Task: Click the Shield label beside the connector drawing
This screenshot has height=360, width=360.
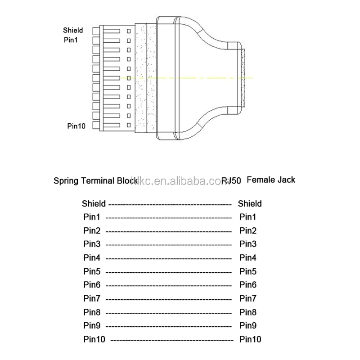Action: [x=73, y=31]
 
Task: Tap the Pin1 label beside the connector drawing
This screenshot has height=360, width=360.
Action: [x=71, y=40]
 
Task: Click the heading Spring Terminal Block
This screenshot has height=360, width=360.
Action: [x=95, y=181]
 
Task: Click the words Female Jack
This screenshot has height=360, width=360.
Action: [x=271, y=180]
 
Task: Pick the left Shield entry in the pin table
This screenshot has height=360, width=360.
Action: [x=94, y=204]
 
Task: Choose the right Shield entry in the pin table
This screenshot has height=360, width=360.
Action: [x=250, y=204]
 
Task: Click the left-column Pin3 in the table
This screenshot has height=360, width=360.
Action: [x=92, y=244]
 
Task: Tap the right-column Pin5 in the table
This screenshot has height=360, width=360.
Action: [x=248, y=271]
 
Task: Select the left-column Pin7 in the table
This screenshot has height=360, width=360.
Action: [x=92, y=298]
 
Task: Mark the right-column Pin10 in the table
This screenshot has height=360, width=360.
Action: [x=250, y=339]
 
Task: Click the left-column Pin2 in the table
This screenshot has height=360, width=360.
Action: [x=92, y=231]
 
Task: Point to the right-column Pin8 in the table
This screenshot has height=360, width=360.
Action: [x=248, y=312]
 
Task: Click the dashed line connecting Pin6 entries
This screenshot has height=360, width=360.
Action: [x=168, y=286]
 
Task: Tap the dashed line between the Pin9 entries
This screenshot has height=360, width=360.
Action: [x=168, y=326]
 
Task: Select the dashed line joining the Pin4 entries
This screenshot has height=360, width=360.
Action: [x=168, y=259]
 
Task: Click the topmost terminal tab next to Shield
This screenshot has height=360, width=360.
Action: [x=95, y=31]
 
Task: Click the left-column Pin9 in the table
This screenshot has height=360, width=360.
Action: [x=92, y=325]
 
